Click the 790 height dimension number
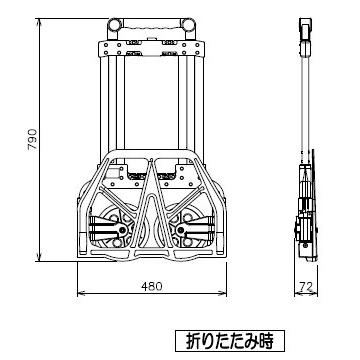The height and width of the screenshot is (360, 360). coord(33,139)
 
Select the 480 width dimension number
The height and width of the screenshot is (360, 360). coord(152,286)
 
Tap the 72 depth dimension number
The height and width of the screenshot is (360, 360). coord(306,286)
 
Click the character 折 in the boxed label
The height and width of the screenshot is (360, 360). coord(194,341)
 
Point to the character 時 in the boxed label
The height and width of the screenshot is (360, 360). coord(266,341)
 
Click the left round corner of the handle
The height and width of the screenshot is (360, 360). coord(114,25)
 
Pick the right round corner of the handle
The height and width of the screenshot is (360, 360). coord(188,25)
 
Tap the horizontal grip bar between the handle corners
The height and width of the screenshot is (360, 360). coord(151,24)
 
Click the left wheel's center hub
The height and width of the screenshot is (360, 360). coord(123,230)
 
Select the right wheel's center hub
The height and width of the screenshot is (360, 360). coord(180,230)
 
